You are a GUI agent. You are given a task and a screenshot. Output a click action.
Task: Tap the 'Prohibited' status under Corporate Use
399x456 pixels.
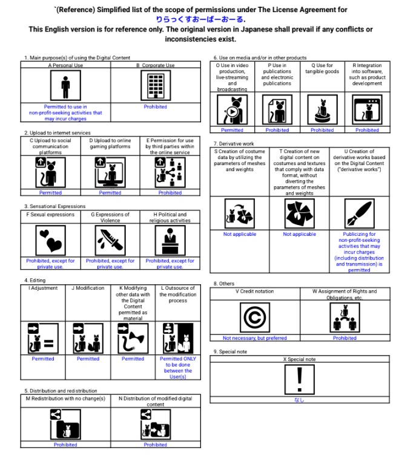click(156, 106)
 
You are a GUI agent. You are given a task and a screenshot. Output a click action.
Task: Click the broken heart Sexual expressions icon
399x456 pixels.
click(51, 241)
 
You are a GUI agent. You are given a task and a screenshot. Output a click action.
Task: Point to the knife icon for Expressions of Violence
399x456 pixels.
click(110, 241)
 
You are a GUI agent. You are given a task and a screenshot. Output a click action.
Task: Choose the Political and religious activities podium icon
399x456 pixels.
click(170, 241)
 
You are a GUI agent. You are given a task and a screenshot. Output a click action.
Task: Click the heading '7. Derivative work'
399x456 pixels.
click(234, 143)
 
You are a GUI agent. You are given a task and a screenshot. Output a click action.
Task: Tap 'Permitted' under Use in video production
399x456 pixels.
click(232, 130)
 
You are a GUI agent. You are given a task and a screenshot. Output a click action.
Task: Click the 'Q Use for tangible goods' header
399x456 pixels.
click(322, 68)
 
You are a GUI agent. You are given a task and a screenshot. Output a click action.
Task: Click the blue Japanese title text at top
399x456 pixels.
click(199, 19)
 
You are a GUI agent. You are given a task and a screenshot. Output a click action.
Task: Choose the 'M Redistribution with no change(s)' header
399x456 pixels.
click(65, 399)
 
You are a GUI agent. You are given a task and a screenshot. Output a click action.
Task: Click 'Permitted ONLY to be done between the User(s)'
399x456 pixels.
click(177, 368)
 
